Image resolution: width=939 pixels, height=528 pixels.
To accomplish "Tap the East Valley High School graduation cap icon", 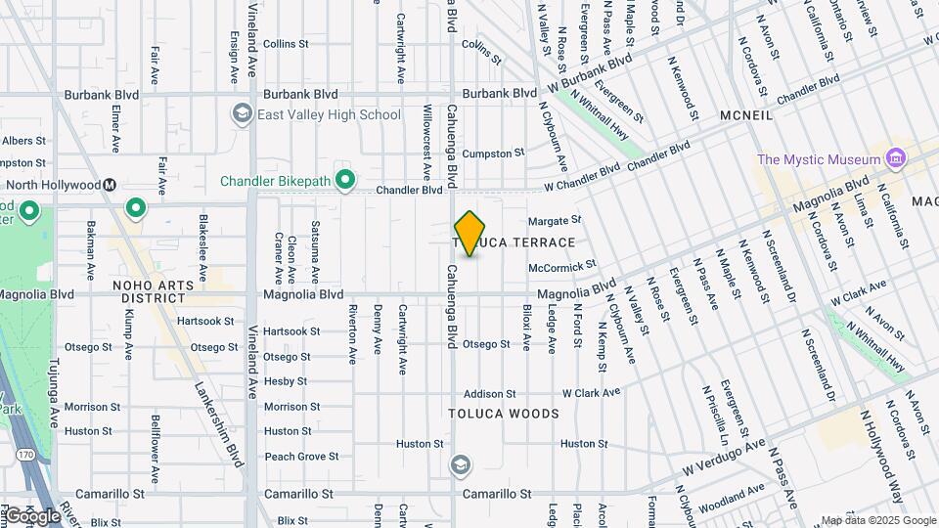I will point(241,114).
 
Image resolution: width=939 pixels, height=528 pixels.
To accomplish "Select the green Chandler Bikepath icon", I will point(344,181).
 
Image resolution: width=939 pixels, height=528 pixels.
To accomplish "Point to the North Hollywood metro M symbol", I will point(111,185).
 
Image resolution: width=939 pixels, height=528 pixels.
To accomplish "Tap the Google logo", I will point(32,515).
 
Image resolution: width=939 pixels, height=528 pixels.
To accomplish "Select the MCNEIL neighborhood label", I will point(746,115).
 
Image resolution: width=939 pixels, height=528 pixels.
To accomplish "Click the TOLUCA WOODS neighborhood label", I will point(504,414).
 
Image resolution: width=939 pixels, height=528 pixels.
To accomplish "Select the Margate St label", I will point(555,220).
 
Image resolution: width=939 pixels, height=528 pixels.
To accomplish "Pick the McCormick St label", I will point(561,266).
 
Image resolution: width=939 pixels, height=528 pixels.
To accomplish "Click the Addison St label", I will point(489,393).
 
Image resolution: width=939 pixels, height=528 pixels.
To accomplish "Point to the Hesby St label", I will point(286,381).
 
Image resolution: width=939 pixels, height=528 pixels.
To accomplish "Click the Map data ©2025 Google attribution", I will point(878,520).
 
